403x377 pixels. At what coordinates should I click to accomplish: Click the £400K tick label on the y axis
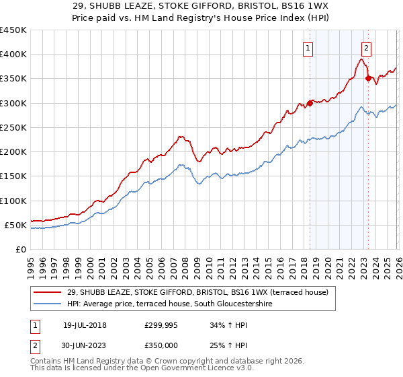13,55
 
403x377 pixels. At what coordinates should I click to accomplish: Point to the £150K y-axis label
13,176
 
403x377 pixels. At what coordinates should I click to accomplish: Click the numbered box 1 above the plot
308,48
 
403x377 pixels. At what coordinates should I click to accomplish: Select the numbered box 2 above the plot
366,48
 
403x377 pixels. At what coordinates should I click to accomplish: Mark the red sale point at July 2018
310,104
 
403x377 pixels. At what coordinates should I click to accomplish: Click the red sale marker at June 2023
368,79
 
